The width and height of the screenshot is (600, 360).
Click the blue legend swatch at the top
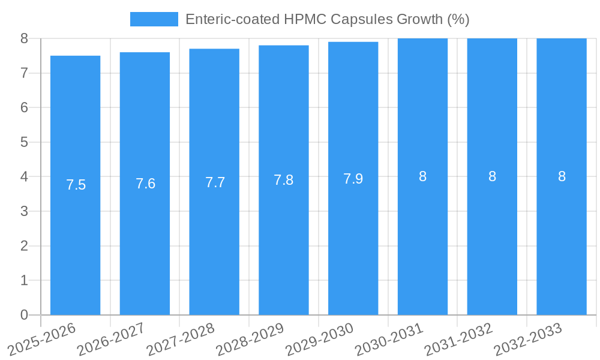click(154, 19)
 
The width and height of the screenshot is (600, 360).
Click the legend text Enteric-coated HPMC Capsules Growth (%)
click(327, 19)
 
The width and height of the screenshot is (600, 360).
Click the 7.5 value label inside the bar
click(76, 185)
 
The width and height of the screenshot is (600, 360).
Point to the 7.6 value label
click(145, 184)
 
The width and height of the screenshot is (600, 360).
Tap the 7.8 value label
click(284, 180)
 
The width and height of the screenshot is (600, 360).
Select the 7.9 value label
click(353, 179)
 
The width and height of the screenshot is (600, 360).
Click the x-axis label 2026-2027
click(111, 338)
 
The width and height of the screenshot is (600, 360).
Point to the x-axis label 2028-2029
click(250, 338)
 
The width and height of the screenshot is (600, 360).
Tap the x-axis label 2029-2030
click(319, 338)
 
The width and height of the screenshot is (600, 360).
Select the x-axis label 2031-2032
click(458, 338)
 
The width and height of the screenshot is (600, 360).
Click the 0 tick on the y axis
click(24, 315)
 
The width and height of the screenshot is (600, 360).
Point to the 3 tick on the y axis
click(24, 211)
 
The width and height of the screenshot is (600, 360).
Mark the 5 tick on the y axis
click(24, 142)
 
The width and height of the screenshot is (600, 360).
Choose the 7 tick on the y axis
click(24, 73)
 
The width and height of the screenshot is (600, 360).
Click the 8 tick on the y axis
click(24, 38)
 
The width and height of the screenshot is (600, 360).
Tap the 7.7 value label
click(215, 182)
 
